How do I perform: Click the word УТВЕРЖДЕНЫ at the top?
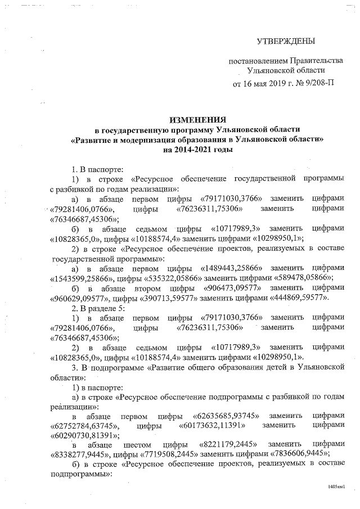point(285,42)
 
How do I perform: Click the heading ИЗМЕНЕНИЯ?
point(198,120)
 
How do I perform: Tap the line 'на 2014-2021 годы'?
point(198,150)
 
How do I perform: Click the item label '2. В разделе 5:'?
point(97,308)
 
